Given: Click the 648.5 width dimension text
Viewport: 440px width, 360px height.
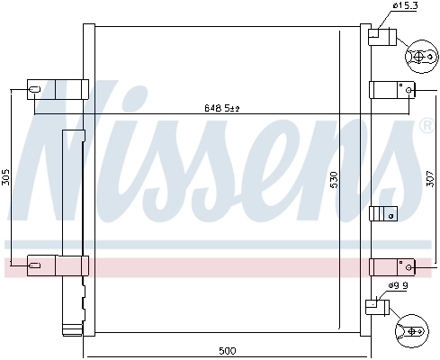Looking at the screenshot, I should pyautogui.click(x=220, y=109).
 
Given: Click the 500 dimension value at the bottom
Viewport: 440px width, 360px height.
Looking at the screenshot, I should pyautogui.click(x=227, y=350).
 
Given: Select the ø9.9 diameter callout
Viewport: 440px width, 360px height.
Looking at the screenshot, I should pyautogui.click(x=399, y=285).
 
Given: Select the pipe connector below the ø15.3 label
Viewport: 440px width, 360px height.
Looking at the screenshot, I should pyautogui.click(x=382, y=38).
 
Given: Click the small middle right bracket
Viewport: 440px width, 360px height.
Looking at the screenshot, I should pyautogui.click(x=382, y=213).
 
